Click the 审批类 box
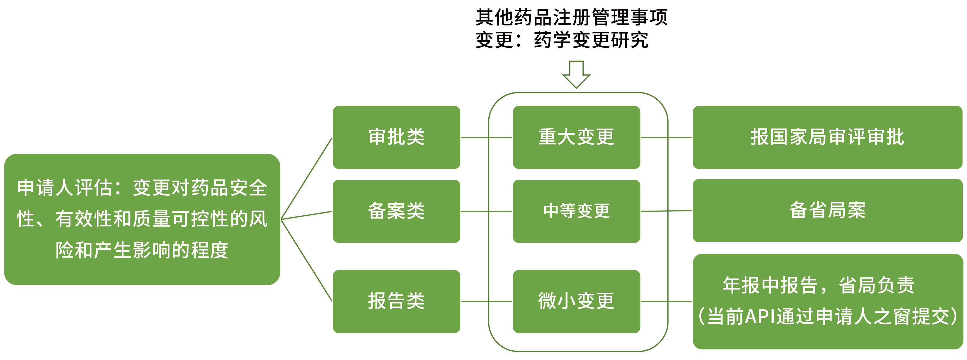pyautogui.click(x=396, y=137)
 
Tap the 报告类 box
pyautogui.click(x=396, y=301)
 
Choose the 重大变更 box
pyautogui.click(x=576, y=137)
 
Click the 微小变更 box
pyautogui.click(x=576, y=301)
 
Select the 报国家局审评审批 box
pyautogui.click(x=827, y=137)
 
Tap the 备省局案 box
pyautogui.click(x=827, y=210)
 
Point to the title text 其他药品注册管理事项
pyautogui.click(x=571, y=17)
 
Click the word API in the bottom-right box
pyautogui.click(x=760, y=316)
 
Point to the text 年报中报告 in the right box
pyautogui.click(x=770, y=285)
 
